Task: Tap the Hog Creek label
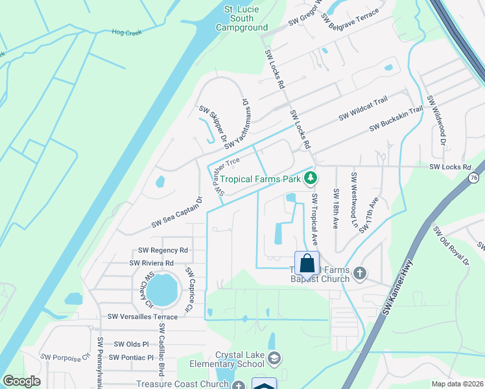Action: (x=126, y=32)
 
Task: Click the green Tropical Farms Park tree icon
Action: (x=311, y=178)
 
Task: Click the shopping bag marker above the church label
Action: (x=307, y=264)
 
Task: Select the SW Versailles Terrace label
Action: (x=143, y=316)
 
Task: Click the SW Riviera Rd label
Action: (x=152, y=263)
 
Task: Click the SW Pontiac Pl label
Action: (x=131, y=357)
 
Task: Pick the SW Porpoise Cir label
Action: (x=65, y=357)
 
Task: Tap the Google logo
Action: (x=21, y=382)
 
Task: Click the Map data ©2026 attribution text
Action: (x=456, y=384)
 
